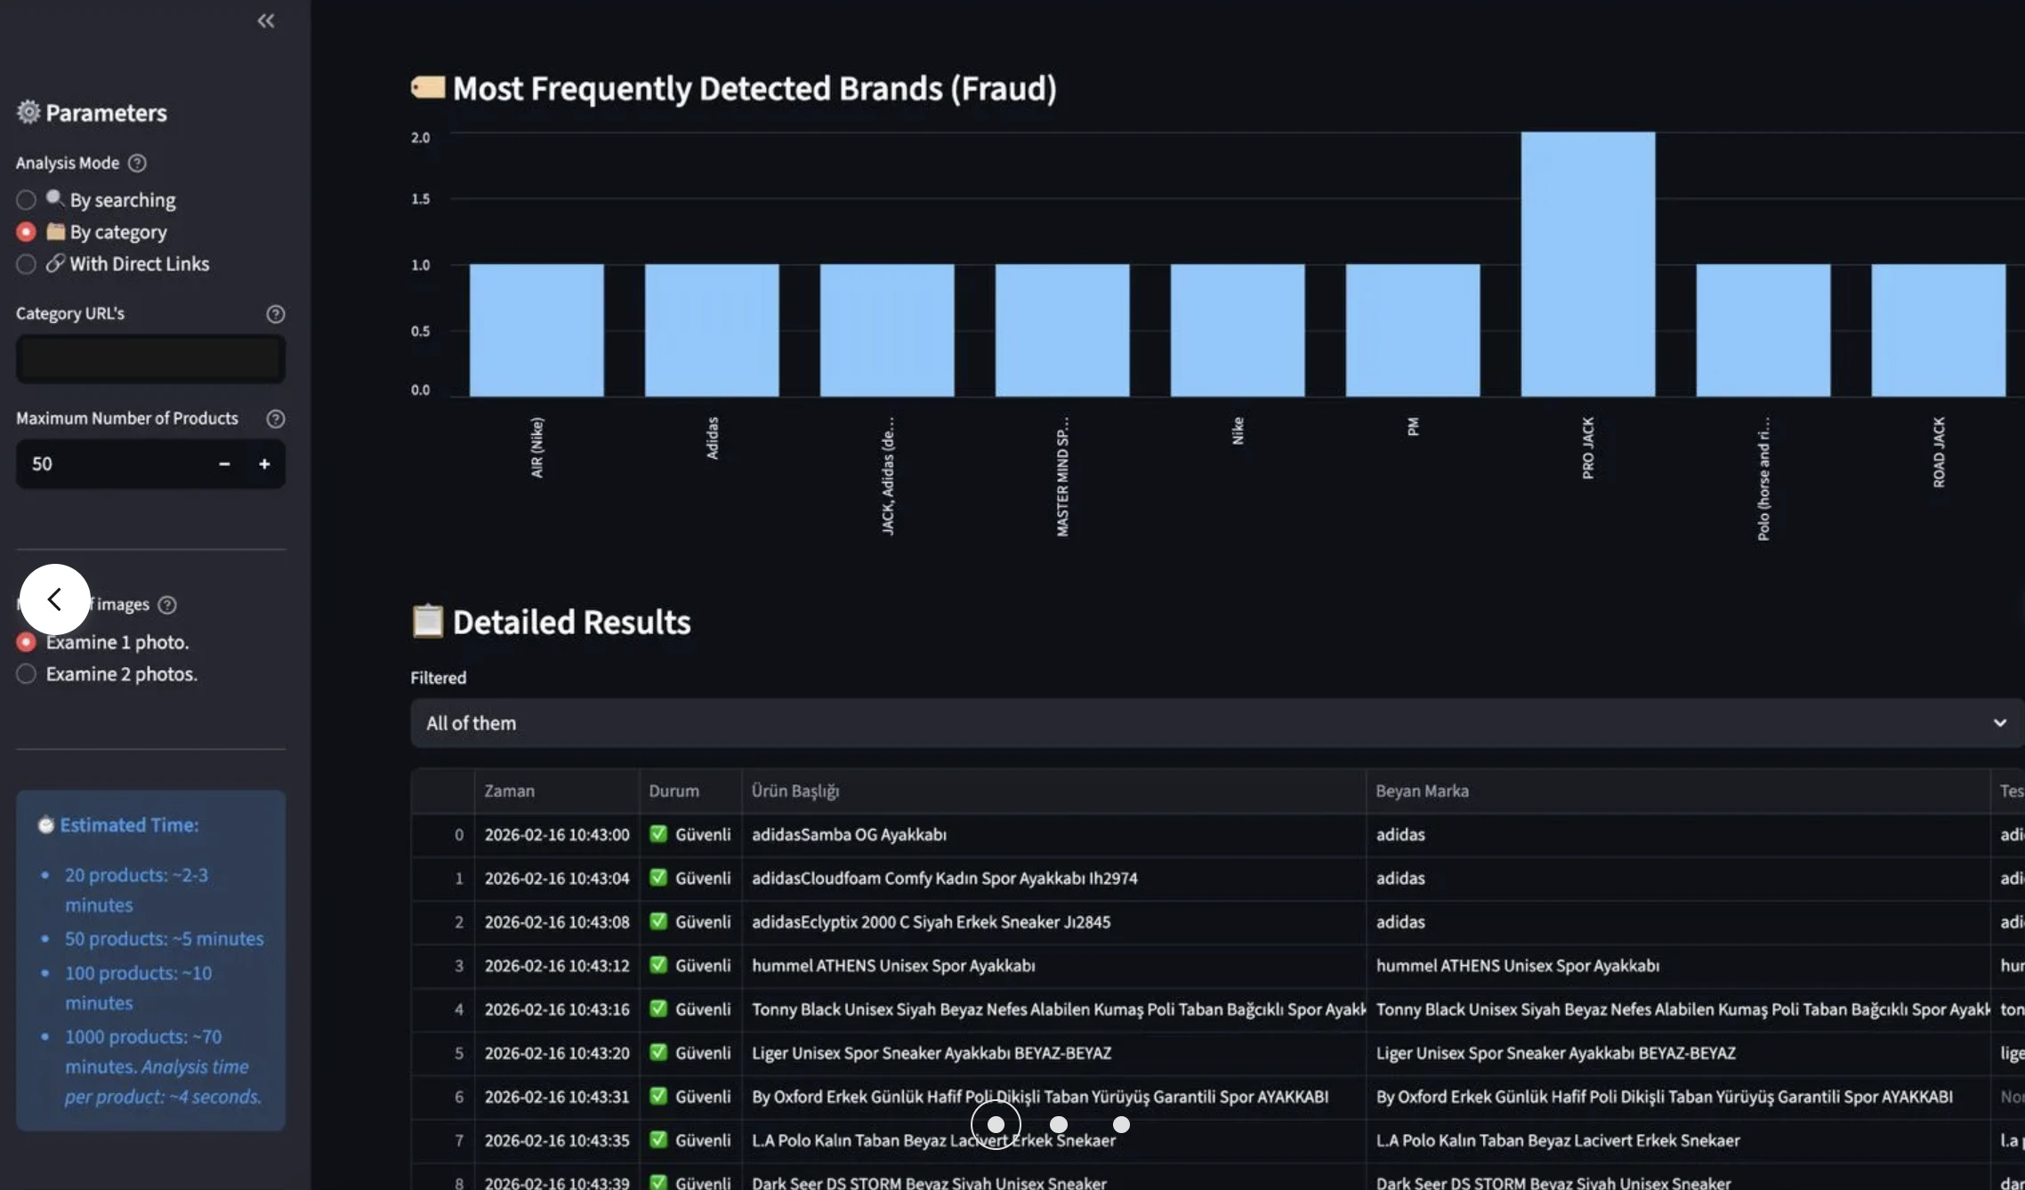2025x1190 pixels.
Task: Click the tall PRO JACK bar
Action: [1587, 264]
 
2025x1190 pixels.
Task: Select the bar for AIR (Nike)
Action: [537, 330]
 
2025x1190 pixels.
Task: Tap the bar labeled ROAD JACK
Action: [1938, 330]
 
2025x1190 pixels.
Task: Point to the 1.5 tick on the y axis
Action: [420, 199]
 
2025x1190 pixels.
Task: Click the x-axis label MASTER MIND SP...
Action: [1062, 476]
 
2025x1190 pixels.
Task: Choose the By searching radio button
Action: [26, 200]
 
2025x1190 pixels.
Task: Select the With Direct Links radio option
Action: [26, 264]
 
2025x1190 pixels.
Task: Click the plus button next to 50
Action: [264, 463]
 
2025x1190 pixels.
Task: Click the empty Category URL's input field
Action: [150, 359]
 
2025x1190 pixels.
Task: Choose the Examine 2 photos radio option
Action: [26, 674]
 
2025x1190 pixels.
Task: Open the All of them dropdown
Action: [1215, 723]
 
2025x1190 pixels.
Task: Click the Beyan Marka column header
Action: [1422, 791]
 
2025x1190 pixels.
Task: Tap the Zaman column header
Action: [509, 791]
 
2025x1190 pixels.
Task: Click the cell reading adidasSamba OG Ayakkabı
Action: [849, 834]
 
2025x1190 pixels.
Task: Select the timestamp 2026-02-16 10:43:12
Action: [556, 965]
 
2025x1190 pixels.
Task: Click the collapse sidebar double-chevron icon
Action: [265, 20]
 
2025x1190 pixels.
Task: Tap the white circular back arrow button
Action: [54, 599]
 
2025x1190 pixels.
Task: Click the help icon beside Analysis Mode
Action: [137, 163]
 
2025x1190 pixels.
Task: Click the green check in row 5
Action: [658, 1052]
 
